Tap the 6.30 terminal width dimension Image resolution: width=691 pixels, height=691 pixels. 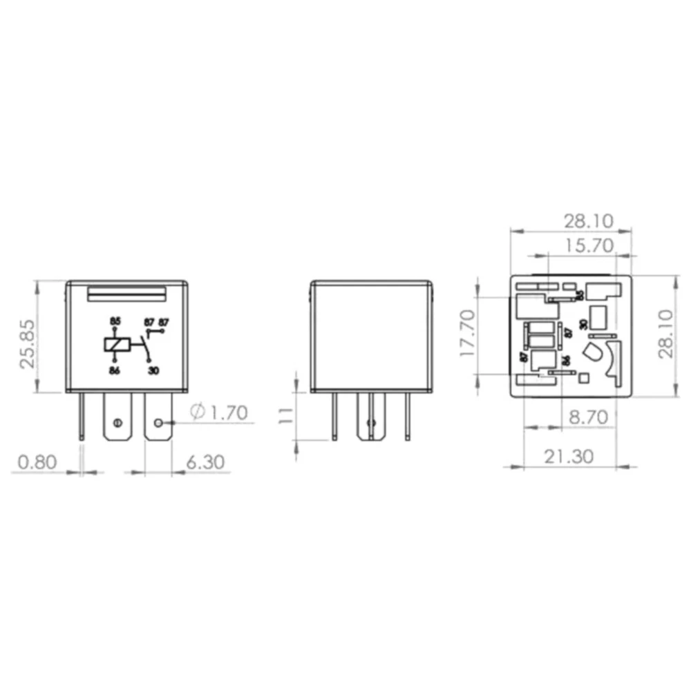[205, 462]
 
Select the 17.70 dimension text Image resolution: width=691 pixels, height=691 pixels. [468, 333]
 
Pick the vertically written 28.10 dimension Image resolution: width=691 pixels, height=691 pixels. [665, 333]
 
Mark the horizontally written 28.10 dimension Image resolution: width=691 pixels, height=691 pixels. [589, 220]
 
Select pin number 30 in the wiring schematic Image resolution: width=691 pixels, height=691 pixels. [153, 370]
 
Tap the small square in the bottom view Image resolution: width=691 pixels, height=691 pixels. [584, 377]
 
